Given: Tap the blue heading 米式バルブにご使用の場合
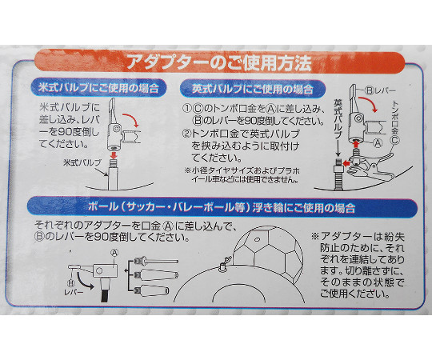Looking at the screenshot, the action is point(98,88).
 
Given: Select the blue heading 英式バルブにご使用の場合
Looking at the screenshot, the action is point(253,89).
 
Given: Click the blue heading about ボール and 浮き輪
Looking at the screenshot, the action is point(222,207).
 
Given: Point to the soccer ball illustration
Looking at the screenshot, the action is point(268,253).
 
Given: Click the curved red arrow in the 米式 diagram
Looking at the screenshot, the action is point(131,119).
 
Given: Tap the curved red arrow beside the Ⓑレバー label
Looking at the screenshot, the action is point(368,104).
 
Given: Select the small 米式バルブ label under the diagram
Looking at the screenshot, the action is point(82,162).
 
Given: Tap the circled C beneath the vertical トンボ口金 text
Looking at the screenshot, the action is point(395,141).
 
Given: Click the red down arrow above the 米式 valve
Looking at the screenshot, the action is point(114,156).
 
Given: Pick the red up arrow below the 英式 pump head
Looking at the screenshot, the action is point(357,144).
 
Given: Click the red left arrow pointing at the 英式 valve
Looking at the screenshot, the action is point(346,163).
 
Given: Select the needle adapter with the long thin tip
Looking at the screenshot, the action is point(156,261).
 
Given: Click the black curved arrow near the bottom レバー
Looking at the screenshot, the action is point(84,282).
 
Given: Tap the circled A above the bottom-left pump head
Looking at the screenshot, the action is point(115,252).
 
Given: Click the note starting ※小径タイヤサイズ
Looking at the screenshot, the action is point(242,175).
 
